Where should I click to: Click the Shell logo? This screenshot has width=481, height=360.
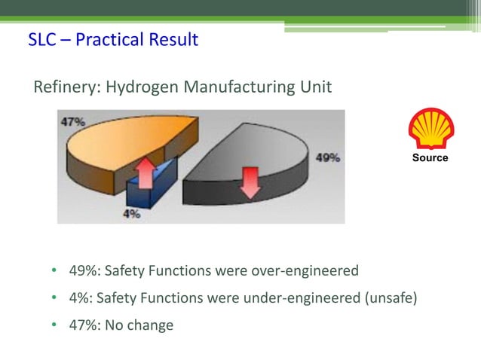coord(430,129)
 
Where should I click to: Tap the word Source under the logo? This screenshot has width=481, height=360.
coord(430,157)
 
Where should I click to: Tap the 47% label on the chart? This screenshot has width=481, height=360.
coord(73,121)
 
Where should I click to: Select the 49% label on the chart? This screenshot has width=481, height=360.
coord(327,158)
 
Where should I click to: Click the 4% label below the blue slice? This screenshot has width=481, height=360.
coord(131,213)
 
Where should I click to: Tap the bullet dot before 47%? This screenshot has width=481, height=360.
coord(54,325)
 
